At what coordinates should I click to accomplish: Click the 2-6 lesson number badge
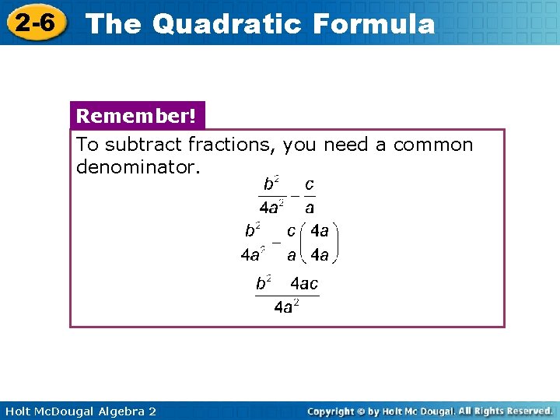coord(36,23)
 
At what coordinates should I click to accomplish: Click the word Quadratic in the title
coord(226,24)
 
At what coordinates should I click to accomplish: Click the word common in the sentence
coord(433,145)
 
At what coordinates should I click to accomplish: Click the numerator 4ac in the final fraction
coord(304,284)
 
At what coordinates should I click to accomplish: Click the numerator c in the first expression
coord(310,185)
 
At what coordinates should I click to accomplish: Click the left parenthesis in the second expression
coord(304,242)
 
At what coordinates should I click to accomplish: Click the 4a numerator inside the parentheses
coord(320,230)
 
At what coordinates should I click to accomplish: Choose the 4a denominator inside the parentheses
coord(320,254)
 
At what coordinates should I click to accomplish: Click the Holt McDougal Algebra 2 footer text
coord(80,411)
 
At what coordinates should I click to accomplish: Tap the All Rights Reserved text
coord(506,411)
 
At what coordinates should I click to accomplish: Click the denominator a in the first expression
coord(310,208)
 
